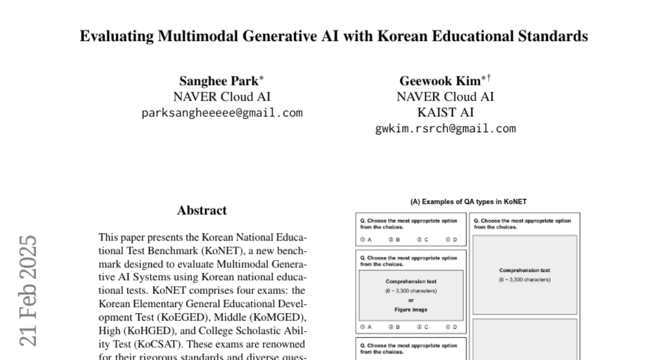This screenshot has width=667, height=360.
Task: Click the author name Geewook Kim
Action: tap(440, 81)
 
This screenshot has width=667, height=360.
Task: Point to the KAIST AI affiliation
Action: tap(445, 113)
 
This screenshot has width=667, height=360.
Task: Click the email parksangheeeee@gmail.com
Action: tap(222, 113)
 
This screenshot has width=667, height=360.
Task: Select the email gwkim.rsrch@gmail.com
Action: tap(445, 129)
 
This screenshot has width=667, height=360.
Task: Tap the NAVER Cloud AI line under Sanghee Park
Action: tap(222, 97)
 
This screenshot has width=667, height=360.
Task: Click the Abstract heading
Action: tap(202, 211)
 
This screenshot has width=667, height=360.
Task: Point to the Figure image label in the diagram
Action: tap(411, 309)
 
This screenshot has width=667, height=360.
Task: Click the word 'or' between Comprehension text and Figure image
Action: tap(411, 300)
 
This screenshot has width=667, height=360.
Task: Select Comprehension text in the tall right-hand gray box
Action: tap(525, 271)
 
